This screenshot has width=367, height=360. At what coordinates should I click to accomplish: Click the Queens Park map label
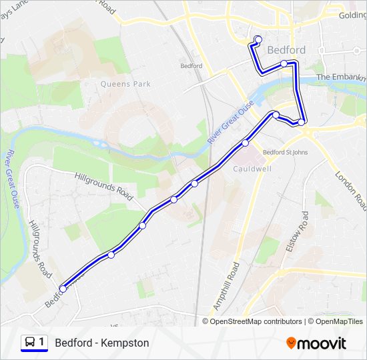(125, 84)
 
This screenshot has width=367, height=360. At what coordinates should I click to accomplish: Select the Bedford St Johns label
(285, 152)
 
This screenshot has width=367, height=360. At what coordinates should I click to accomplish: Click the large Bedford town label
(286, 50)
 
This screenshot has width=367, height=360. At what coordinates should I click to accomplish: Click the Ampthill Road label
(226, 285)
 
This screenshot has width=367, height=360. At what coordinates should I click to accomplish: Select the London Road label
(350, 190)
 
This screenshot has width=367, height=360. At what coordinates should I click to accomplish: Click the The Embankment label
(341, 77)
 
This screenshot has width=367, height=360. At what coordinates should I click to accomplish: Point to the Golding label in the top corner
(352, 15)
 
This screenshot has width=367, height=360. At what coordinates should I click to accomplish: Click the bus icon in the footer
(29, 343)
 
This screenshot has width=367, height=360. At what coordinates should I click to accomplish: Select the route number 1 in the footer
(41, 343)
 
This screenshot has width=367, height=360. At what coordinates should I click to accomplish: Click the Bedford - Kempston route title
(102, 343)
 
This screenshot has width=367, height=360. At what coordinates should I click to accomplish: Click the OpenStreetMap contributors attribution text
(256, 321)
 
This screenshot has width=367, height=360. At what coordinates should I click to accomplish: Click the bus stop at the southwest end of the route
(63, 289)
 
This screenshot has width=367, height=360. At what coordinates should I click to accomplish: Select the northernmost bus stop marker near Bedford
(258, 39)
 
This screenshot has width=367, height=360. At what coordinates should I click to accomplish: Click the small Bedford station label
(192, 66)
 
